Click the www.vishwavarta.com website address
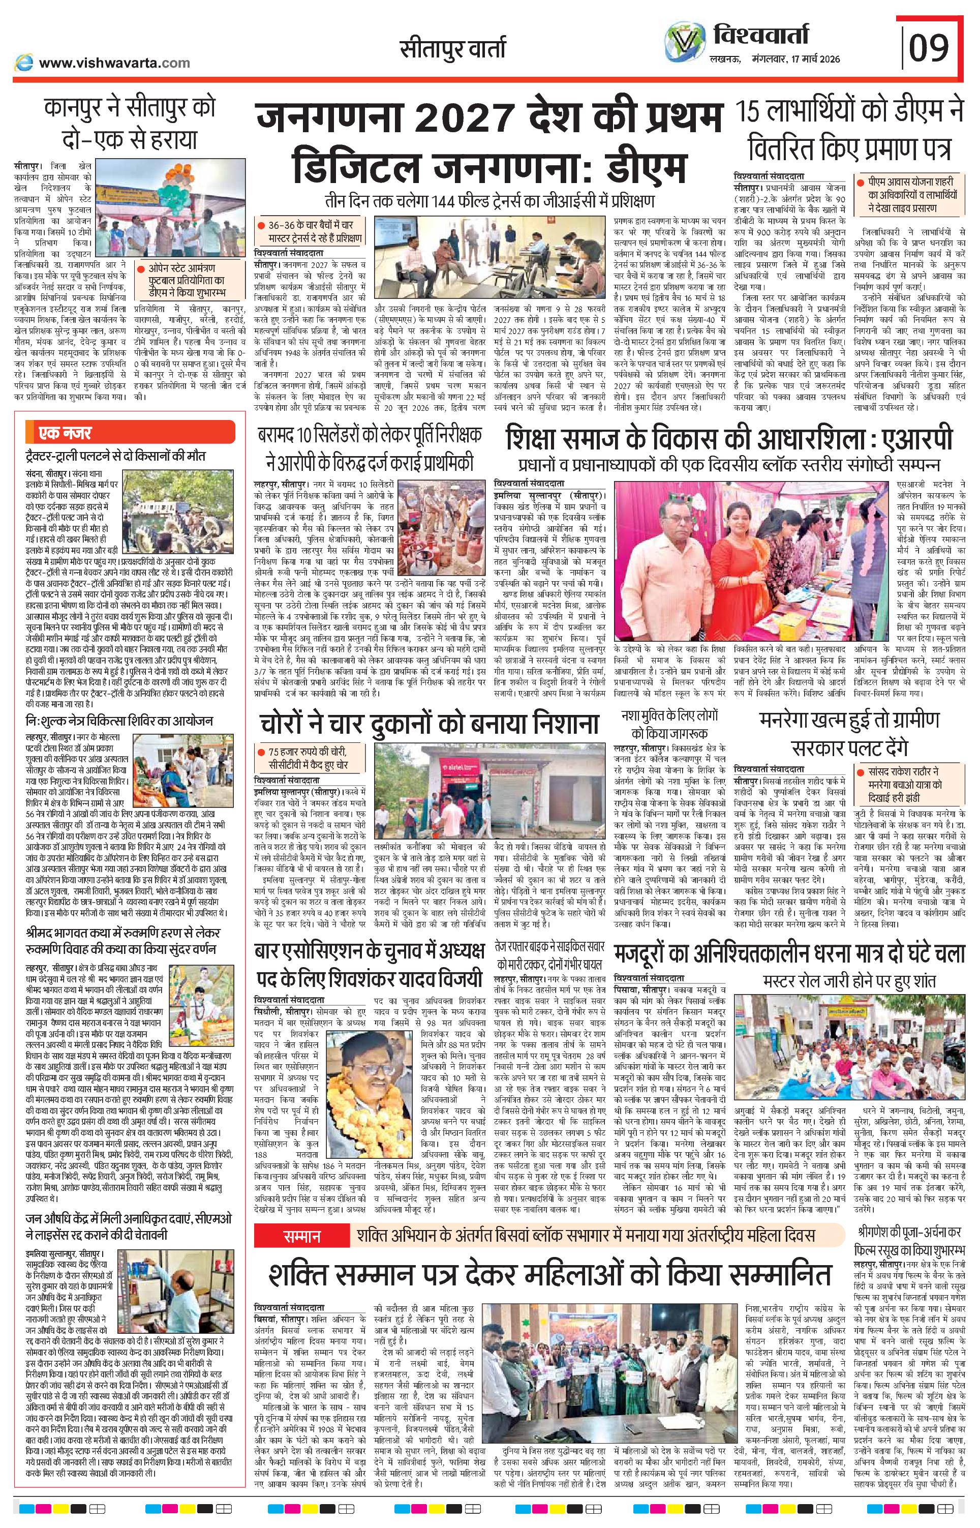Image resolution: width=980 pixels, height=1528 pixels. tap(114, 63)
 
